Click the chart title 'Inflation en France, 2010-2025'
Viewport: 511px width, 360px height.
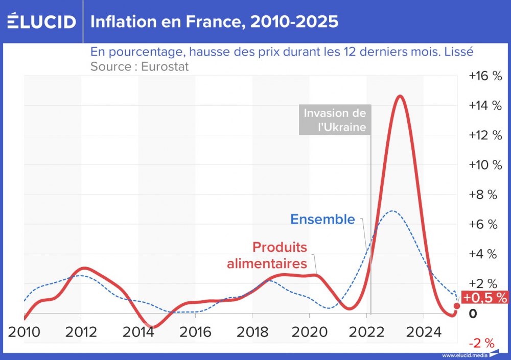214,22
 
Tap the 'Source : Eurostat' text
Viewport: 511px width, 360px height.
140,66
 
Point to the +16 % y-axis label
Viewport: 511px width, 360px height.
485,76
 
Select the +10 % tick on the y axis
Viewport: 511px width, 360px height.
485,165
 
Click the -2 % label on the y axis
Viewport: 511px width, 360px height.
482,342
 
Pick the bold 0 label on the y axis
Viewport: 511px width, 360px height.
473,313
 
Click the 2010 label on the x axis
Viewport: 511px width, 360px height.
24,332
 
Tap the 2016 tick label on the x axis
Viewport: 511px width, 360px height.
196,332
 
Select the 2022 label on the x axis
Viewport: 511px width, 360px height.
367,332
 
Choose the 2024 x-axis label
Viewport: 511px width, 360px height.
424,332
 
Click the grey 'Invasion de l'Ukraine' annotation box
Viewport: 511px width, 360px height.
335,120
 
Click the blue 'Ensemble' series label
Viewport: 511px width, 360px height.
322,219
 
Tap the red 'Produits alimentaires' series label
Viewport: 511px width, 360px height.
267,255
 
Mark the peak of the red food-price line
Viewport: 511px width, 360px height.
400,96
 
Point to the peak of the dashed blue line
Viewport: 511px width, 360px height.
391,210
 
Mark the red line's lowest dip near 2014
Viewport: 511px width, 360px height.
148,326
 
